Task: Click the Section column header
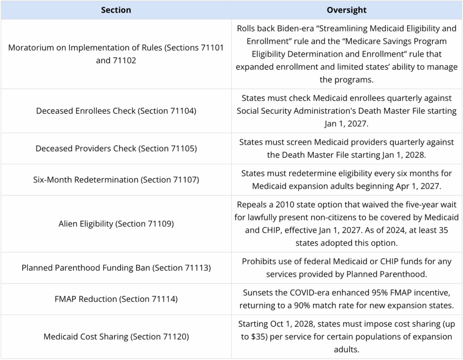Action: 116,10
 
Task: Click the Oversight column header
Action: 347,10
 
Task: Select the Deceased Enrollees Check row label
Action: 116,111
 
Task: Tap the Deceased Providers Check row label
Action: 116,149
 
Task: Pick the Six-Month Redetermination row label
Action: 116,179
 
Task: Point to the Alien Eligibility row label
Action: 116,224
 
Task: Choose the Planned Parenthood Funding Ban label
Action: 116,268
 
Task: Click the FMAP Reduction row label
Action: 116,299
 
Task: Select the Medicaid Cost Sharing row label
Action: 116,337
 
